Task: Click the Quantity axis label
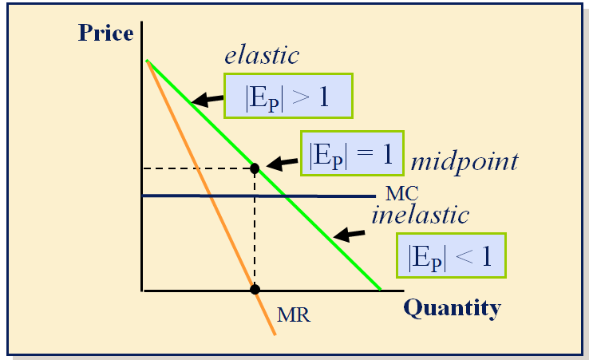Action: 452,307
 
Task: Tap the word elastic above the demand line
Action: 262,55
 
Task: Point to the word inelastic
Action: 420,216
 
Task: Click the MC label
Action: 401,193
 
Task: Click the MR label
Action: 293,314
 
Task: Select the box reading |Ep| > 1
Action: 288,97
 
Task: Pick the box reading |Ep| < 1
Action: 452,256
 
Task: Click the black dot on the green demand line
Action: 255,168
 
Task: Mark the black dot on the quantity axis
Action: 255,289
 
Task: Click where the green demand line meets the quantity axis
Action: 381,289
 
